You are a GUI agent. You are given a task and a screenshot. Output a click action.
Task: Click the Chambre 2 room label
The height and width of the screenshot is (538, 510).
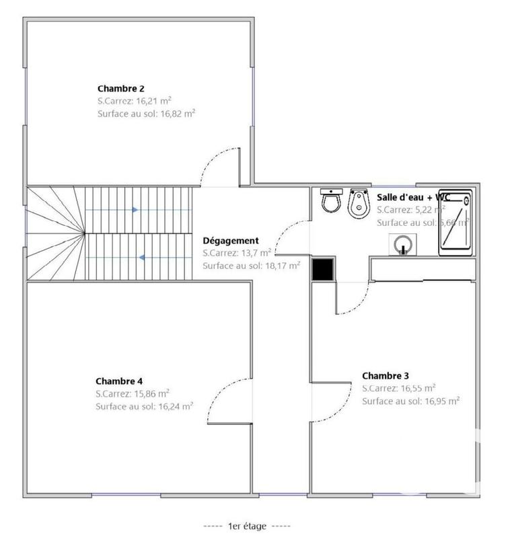point(121,88)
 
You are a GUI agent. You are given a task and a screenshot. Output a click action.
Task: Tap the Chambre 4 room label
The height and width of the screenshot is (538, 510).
point(119,380)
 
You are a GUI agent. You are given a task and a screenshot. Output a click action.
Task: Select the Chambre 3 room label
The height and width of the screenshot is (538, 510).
point(385,376)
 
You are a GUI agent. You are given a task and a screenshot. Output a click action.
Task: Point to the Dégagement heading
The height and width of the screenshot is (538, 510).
point(231,240)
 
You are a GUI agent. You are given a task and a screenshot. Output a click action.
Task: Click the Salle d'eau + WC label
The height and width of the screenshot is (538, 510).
point(412,197)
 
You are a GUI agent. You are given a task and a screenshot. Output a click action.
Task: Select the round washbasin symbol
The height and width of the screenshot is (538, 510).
point(402,244)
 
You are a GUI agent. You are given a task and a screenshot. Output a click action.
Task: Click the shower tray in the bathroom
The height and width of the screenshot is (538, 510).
point(456,222)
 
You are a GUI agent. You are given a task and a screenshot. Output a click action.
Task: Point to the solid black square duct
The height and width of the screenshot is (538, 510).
point(324,269)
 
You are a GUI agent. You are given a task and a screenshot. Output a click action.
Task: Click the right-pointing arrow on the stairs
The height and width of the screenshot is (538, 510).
point(135,210)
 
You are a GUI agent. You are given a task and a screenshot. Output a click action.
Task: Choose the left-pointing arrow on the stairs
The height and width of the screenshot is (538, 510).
point(142,257)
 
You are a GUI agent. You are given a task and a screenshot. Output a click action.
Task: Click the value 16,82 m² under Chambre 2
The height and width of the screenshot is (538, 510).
point(176,114)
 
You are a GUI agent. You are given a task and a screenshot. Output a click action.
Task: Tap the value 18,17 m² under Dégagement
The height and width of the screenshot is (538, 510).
point(281,266)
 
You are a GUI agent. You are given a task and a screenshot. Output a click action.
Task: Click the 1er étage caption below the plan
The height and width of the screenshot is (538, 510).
point(247,525)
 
